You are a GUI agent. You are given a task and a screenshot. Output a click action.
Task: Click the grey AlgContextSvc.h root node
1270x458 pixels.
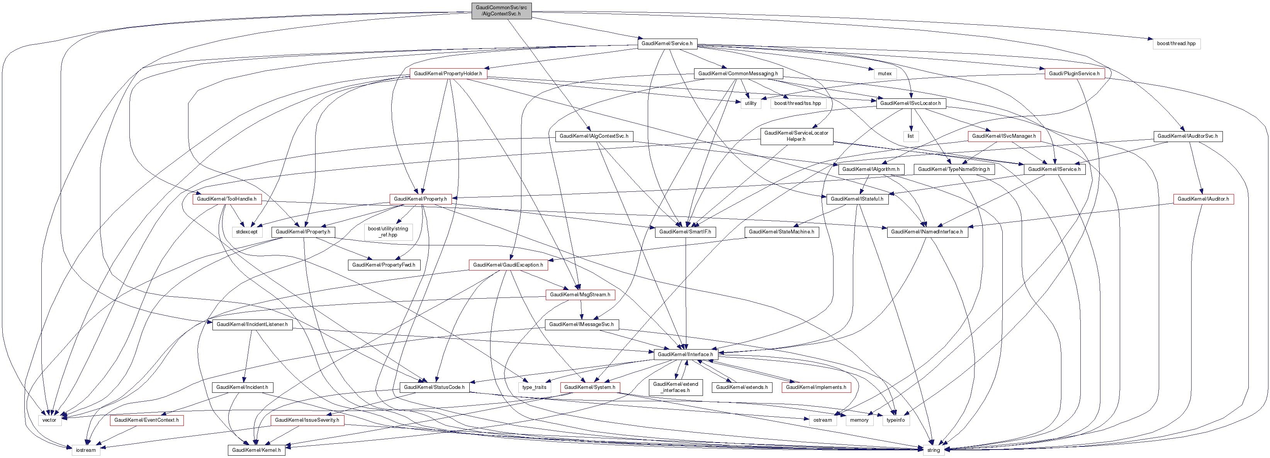pos(501,10)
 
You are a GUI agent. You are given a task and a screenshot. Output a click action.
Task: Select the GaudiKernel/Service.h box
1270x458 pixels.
pos(667,43)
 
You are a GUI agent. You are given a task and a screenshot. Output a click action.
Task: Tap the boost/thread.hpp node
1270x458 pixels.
pos(1176,43)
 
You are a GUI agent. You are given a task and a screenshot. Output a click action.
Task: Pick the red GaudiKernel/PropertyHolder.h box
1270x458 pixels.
pos(448,73)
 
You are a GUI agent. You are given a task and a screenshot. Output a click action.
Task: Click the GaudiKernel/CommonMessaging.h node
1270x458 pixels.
pos(737,73)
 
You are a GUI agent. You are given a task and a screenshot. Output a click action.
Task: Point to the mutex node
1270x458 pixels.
pos(885,73)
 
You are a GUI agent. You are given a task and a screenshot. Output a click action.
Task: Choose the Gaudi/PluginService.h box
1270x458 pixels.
pos(1074,73)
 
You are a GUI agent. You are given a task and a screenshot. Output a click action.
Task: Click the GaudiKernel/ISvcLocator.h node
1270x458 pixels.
pos(910,103)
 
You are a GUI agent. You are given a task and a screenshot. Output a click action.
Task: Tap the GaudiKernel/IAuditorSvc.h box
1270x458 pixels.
pos(1187,136)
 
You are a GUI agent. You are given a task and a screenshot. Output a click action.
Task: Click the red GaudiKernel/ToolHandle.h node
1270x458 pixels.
pos(226,199)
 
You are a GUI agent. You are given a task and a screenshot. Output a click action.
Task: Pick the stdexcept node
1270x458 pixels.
pos(246,232)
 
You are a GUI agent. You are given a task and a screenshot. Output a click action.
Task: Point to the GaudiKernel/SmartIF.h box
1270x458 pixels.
pos(685,232)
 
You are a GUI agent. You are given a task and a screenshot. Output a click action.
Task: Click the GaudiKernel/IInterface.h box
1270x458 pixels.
pos(685,354)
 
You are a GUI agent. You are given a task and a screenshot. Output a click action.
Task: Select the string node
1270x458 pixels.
pos(933,450)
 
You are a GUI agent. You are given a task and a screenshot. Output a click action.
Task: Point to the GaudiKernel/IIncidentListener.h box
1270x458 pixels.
pos(252,324)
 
